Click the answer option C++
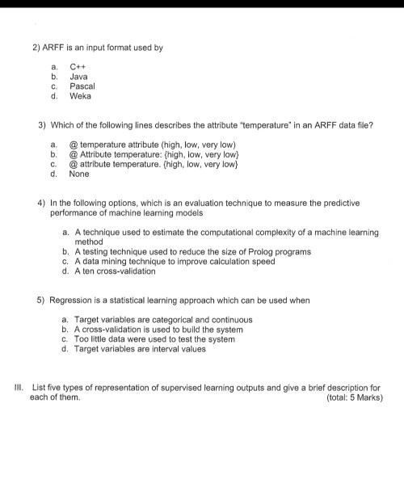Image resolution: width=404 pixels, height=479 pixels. (x=78, y=66)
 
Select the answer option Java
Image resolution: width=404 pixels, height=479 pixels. (x=78, y=76)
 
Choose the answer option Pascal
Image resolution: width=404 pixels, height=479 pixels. (x=82, y=86)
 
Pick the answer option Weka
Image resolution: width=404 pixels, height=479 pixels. (x=80, y=95)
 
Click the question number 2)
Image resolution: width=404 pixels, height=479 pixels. (x=36, y=48)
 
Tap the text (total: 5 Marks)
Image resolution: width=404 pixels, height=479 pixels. (x=353, y=398)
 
